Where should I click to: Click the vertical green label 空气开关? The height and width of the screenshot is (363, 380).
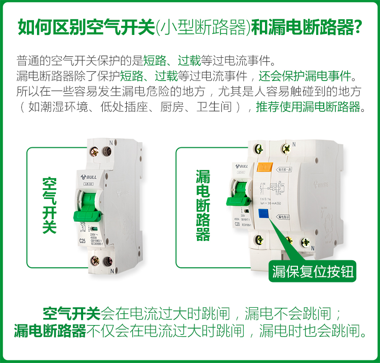(x=49, y=205)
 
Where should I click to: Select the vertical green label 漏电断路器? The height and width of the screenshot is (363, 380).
(x=203, y=205)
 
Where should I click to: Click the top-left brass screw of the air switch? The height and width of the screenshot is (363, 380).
(x=95, y=150)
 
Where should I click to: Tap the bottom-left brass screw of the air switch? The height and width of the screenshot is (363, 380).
(x=95, y=261)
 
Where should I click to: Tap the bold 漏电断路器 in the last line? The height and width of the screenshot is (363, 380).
(x=50, y=332)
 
